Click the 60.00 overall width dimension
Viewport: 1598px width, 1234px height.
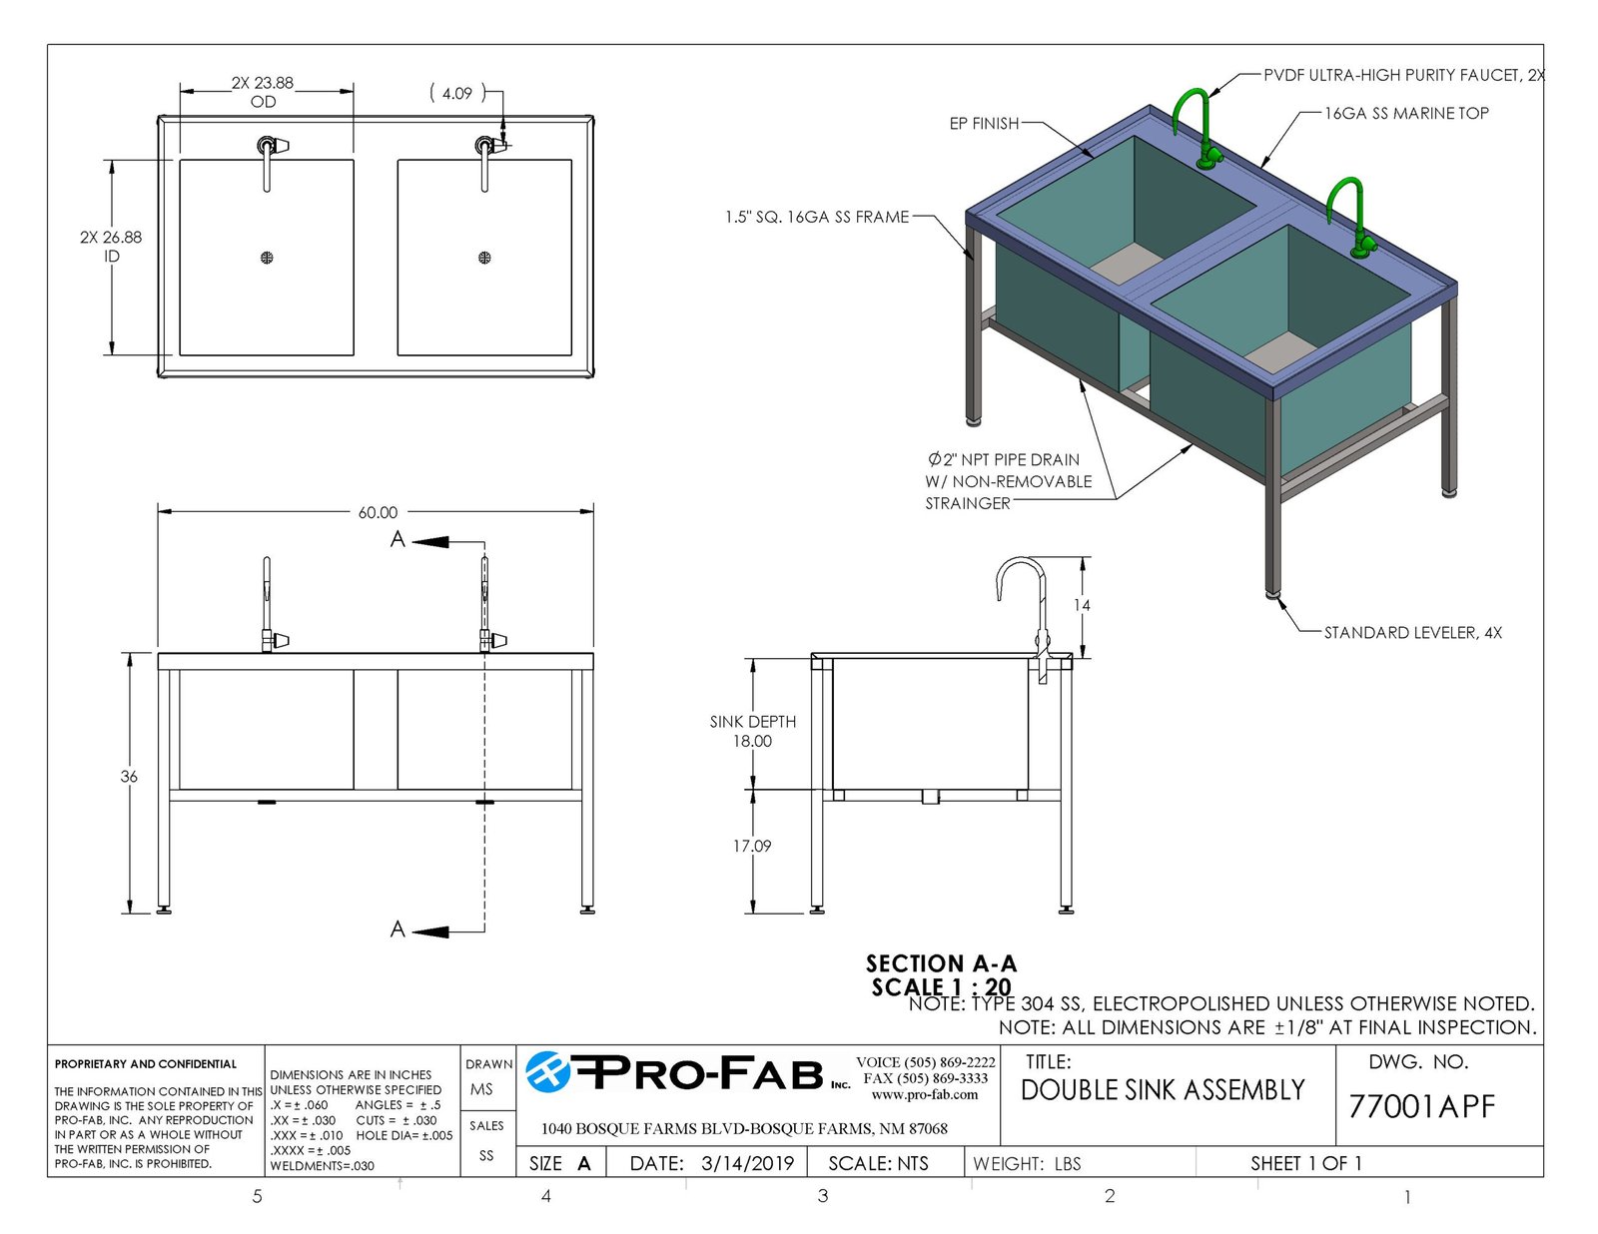point(378,512)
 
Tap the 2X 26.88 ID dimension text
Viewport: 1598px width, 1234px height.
point(111,247)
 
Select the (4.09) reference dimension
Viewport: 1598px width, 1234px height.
point(457,93)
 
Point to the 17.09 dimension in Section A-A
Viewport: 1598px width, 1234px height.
point(752,846)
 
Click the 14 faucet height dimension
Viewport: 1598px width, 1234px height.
point(1081,605)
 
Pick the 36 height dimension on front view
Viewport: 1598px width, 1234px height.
point(129,776)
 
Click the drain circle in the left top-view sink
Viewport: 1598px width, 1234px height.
point(267,258)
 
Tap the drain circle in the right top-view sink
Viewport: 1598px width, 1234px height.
point(484,258)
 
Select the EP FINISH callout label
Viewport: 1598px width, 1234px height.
point(984,124)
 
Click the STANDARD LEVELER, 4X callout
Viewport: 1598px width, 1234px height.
point(1412,633)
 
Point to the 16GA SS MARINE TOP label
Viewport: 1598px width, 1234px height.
point(1406,113)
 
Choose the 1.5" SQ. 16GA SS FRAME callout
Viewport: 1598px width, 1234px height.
point(817,217)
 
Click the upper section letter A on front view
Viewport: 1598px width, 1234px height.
point(398,539)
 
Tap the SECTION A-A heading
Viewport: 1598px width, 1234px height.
point(941,963)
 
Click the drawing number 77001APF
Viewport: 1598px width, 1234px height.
point(1421,1106)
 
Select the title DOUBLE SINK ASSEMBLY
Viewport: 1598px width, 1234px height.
point(1163,1090)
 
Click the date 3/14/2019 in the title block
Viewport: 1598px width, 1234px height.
point(747,1163)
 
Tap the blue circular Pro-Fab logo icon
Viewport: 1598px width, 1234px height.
point(548,1072)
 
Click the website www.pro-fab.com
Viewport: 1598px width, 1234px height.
point(925,1095)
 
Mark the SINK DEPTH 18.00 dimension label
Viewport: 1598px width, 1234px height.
point(752,731)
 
